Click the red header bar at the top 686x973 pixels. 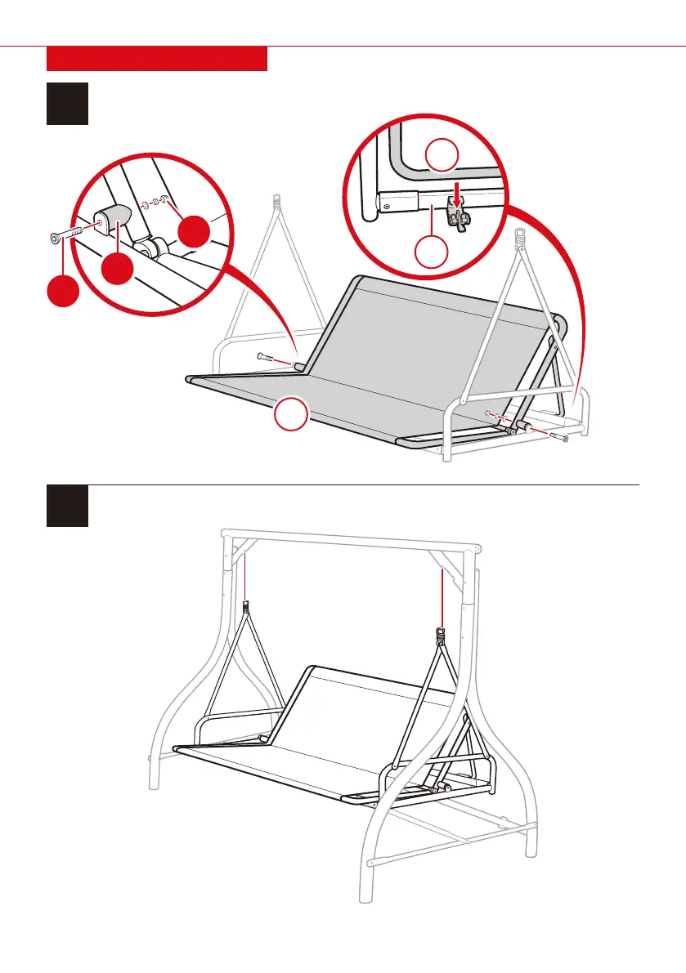[157, 59]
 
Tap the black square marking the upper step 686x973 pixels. [67, 103]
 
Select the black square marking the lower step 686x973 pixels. [67, 507]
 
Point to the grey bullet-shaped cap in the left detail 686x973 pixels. [114, 219]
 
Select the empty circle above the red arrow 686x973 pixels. [442, 155]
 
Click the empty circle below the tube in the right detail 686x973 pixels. [432, 255]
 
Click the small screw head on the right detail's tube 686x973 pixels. [387, 205]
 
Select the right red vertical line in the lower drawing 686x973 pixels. [442, 596]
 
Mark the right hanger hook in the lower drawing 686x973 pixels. [442, 634]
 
